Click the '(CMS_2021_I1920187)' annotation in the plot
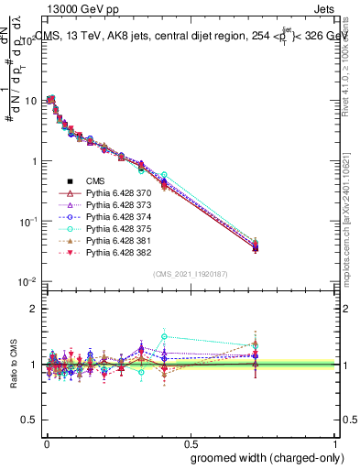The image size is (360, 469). [191, 273]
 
